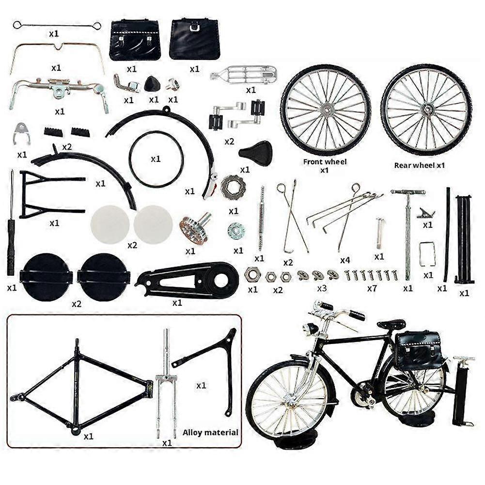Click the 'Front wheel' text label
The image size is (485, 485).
325,162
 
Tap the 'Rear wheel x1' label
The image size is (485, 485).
419,165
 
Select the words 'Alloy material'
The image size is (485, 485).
210,432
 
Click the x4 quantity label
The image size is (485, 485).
345,260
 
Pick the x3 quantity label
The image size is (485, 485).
321,288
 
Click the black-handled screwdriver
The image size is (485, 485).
11,228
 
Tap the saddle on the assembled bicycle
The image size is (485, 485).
391,324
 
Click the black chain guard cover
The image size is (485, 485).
189,281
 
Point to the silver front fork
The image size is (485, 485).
166,383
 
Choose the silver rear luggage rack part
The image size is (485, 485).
244,75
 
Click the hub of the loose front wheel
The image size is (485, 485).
325,110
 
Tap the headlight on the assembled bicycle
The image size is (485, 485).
310,329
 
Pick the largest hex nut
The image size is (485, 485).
252,275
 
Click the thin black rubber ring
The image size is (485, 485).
156,159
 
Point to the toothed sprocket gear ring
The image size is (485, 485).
233,188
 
